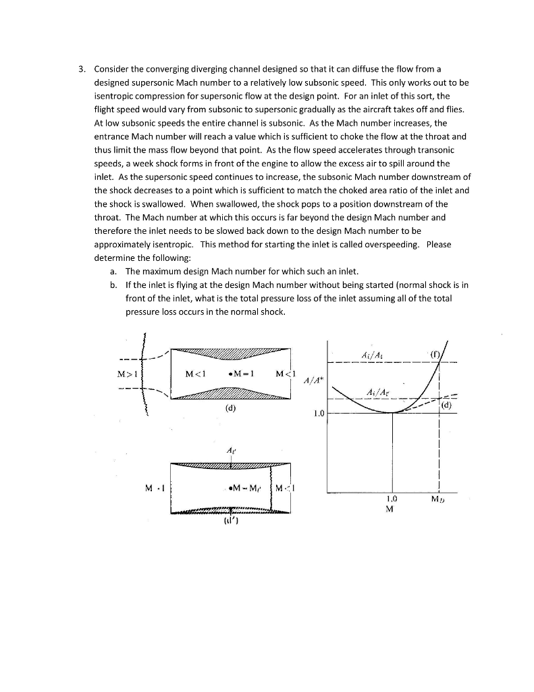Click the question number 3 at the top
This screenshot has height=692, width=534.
(x=80, y=70)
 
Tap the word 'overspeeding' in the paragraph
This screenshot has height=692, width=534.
(x=392, y=244)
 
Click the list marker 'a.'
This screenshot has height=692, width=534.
(x=112, y=272)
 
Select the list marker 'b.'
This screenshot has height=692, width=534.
(x=112, y=285)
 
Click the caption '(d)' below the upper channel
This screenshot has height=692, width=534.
(x=231, y=408)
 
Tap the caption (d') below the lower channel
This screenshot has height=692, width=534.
(x=231, y=520)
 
